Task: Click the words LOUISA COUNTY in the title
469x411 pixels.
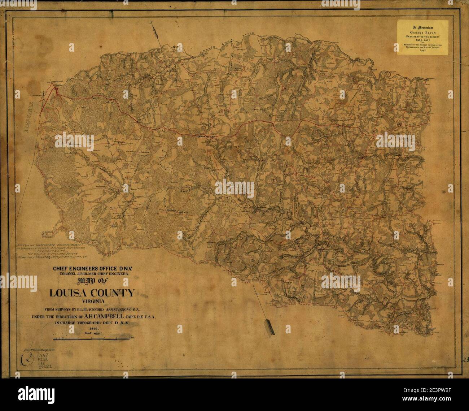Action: click(92, 293)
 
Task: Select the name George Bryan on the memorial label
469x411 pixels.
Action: click(423, 31)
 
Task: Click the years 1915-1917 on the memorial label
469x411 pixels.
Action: click(423, 40)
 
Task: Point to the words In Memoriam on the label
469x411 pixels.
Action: click(423, 26)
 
